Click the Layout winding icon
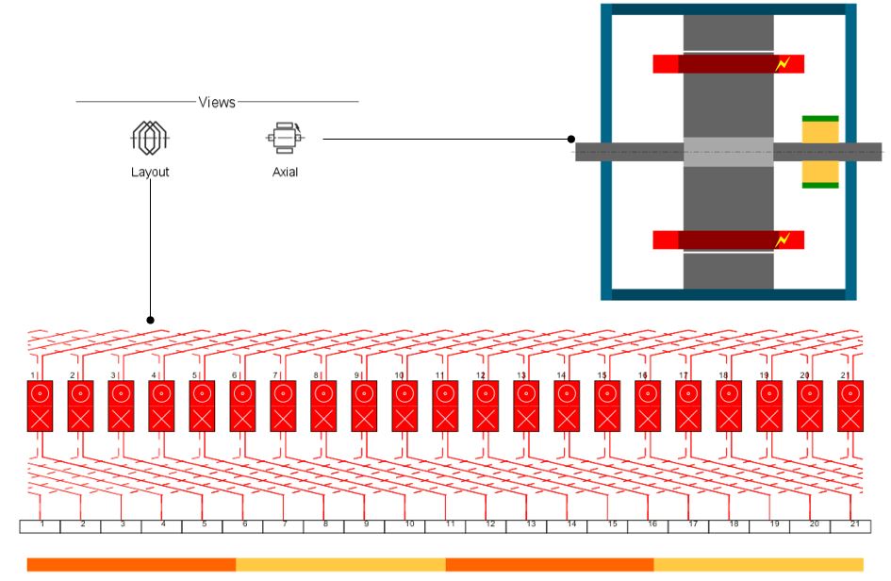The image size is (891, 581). point(150,139)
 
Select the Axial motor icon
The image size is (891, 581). point(285,138)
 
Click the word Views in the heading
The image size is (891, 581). point(217,102)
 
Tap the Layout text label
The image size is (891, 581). point(150,173)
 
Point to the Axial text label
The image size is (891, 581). point(285,173)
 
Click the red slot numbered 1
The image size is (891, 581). point(41,406)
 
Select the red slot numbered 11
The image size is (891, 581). point(445,406)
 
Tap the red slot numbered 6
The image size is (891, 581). point(242,406)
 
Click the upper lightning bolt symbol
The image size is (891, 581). point(781,64)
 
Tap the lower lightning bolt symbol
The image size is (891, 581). point(781,240)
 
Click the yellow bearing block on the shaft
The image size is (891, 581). point(819,152)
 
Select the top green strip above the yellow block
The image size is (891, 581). point(819,119)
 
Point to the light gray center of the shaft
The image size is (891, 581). point(728,152)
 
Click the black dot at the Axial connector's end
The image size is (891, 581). point(571,139)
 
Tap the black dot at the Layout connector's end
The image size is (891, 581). point(150,321)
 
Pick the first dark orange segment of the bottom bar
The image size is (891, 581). point(131,564)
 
